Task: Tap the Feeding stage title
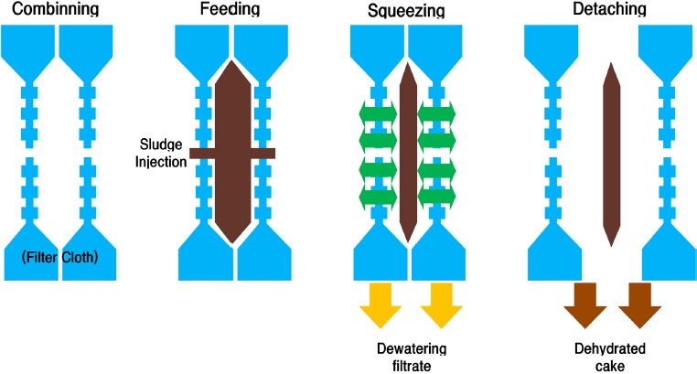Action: (229, 10)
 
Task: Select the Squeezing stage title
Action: (407, 12)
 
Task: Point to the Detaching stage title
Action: (605, 10)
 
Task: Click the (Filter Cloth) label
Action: (61, 258)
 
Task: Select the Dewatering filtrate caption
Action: (408, 356)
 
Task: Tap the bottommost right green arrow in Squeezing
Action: (437, 198)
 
